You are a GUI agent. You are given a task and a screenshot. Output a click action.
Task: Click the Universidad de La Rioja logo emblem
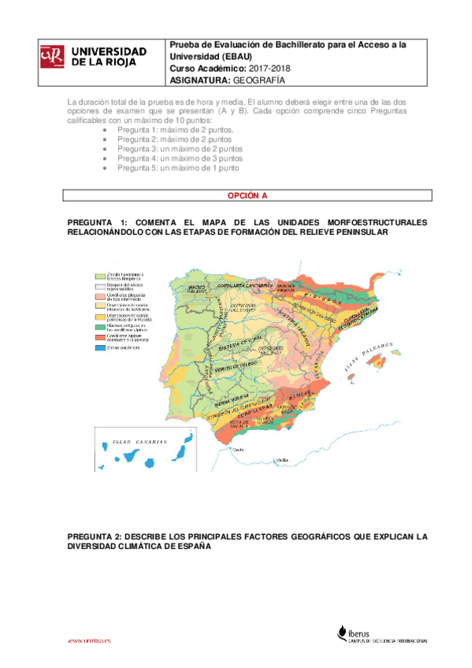coord(51,55)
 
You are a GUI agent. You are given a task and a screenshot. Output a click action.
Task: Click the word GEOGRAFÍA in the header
coord(257,80)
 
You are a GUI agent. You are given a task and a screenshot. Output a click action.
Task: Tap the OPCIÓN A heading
coord(247,195)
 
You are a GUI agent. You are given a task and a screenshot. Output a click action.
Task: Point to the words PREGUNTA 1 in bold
coord(97,222)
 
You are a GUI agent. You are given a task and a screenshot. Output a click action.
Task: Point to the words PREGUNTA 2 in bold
coord(97,536)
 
